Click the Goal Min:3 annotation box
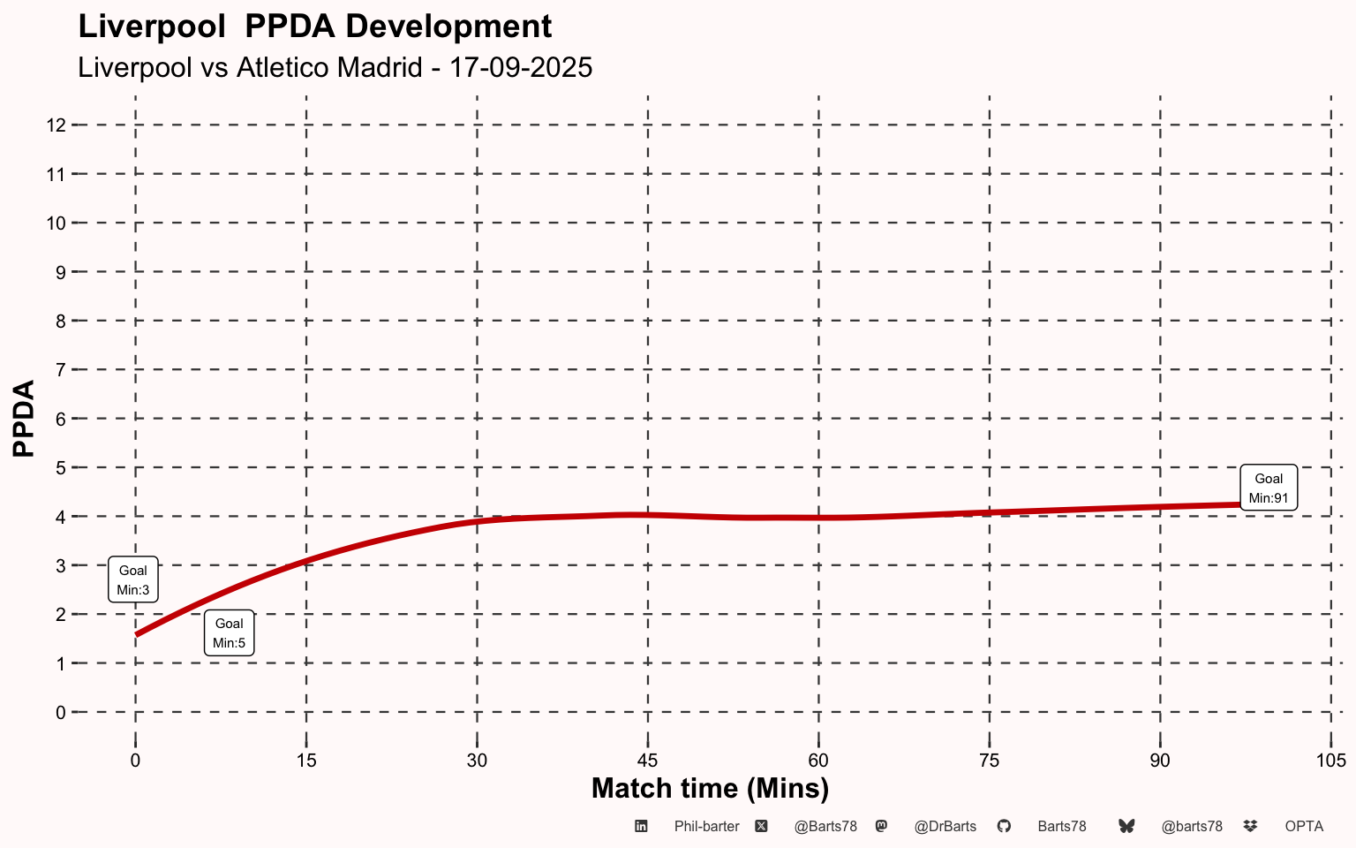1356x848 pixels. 133,579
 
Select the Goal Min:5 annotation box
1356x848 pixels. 229,633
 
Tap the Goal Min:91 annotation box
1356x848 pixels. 1269,488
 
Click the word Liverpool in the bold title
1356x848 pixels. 152,26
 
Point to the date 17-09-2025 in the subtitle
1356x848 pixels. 521,67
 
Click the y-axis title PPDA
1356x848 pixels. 24,419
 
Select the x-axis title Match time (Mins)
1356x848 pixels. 710,789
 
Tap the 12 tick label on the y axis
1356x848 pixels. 56,125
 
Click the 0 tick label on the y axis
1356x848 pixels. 61,713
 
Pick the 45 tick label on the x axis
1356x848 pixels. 648,761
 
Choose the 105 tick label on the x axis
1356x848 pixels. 1331,761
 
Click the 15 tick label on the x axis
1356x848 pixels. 306,761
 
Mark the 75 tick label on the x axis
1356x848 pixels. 989,761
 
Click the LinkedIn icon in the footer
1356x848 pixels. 641,826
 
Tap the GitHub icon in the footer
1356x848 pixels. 1004,826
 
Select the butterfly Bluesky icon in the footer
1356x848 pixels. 1126,826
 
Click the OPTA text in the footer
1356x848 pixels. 1304,827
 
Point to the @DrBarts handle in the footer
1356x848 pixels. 945,827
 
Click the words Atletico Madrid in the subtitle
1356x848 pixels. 329,67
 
